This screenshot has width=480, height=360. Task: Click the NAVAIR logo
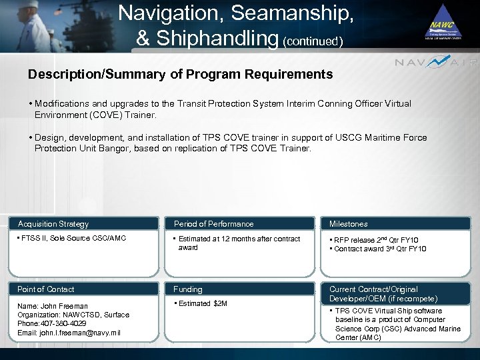click(x=436, y=63)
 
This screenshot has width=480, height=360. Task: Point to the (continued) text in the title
click(x=313, y=41)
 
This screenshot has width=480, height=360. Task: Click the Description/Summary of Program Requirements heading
click(x=180, y=75)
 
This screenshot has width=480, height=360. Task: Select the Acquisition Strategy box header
click(x=53, y=224)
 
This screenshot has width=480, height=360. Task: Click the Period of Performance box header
click(x=213, y=224)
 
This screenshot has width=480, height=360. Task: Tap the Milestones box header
click(x=348, y=224)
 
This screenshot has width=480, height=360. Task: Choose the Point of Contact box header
click(x=46, y=289)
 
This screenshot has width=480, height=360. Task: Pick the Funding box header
click(x=188, y=289)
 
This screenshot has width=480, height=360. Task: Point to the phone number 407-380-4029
click(x=64, y=323)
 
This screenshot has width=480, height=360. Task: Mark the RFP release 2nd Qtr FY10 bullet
click(x=377, y=240)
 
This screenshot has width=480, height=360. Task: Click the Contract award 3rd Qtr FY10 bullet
click(x=379, y=249)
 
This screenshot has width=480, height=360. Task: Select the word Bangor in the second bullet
click(x=117, y=149)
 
